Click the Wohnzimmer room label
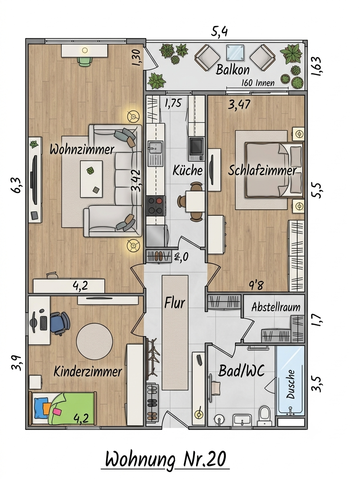(82, 150)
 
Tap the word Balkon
(233, 70)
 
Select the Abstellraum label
(276, 307)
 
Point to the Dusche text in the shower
(290, 384)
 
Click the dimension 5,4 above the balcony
(219, 31)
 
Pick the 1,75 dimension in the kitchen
(173, 103)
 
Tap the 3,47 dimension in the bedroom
(239, 104)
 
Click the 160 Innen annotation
(258, 83)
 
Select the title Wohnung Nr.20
(166, 459)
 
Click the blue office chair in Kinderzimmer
(60, 323)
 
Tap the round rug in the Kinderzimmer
(94, 341)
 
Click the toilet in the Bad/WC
(264, 415)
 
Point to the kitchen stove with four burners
(156, 206)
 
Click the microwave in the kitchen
(196, 149)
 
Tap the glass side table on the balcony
(235, 53)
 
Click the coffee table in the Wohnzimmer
(92, 179)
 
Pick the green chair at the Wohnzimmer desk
(84, 61)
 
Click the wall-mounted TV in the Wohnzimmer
(34, 180)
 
